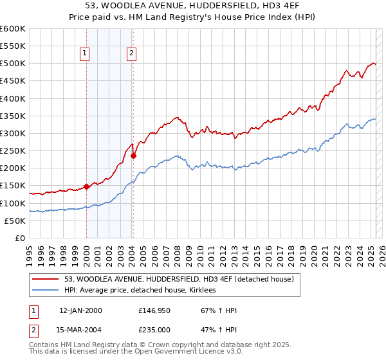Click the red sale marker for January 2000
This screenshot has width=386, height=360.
86,187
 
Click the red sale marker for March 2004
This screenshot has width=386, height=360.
133,156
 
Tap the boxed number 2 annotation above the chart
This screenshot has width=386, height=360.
131,54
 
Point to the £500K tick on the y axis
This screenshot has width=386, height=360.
13,64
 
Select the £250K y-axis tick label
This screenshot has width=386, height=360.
13,151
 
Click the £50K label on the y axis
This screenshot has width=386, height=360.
15,221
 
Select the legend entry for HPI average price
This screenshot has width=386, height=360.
140,291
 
